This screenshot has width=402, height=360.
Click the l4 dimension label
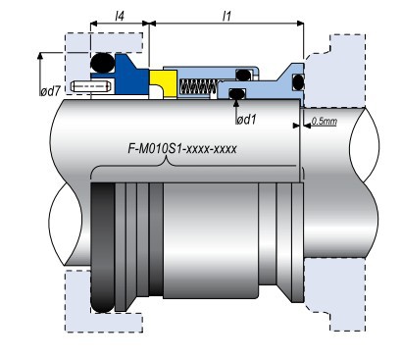tap(120, 16)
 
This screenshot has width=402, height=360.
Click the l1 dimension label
tap(226, 16)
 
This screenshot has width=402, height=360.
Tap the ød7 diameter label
tap(50, 91)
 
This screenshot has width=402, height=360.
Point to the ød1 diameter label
tap(246, 120)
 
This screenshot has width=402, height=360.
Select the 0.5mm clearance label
tap(324, 122)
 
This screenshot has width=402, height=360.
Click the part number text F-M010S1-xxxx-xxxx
tap(182, 149)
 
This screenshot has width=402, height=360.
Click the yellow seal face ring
tap(164, 83)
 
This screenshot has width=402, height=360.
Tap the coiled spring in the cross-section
tap(198, 86)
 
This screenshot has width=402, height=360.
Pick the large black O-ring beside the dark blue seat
tap(103, 63)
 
